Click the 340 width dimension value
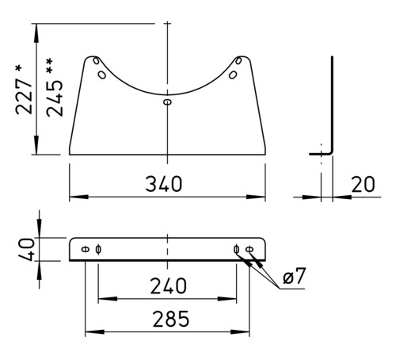coord(164,184)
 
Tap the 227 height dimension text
coord(25,96)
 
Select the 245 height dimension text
coord(55,98)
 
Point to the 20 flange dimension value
coord(363,184)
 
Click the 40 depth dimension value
coord(26,249)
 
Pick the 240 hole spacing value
coord(168,286)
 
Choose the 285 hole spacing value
coord(171,319)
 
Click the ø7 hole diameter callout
coord(295,276)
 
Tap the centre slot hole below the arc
coord(167,101)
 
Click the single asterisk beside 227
coord(18,68)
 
